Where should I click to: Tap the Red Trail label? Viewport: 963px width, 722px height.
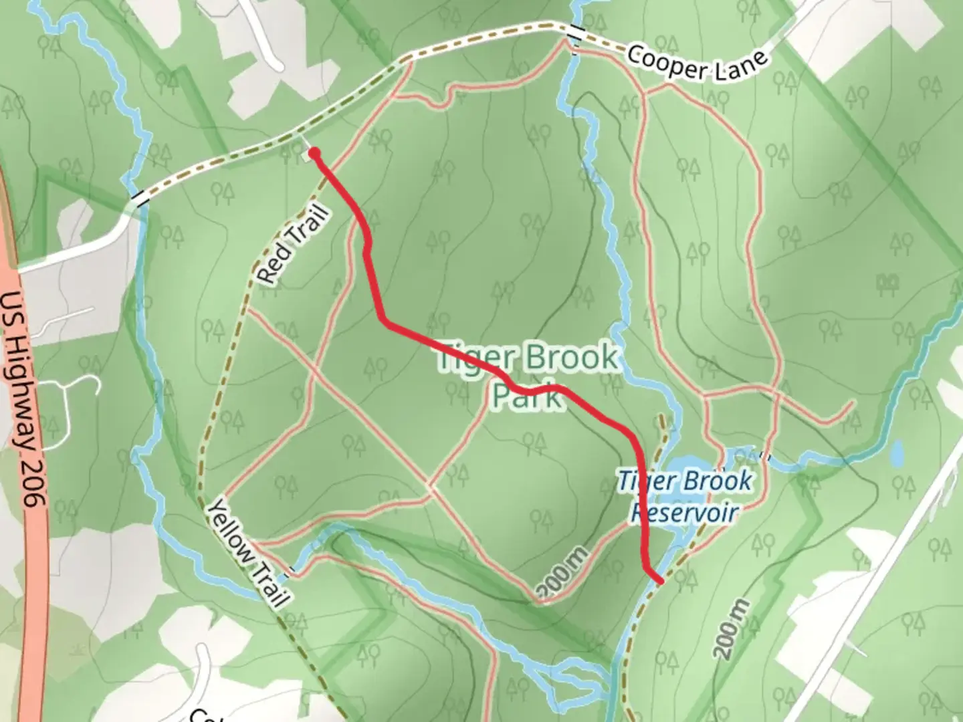tap(295, 245)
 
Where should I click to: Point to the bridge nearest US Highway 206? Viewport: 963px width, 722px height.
tap(139, 198)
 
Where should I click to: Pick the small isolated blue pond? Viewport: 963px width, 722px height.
tap(897, 454)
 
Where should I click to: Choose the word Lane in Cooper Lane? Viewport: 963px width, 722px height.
tap(736, 68)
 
